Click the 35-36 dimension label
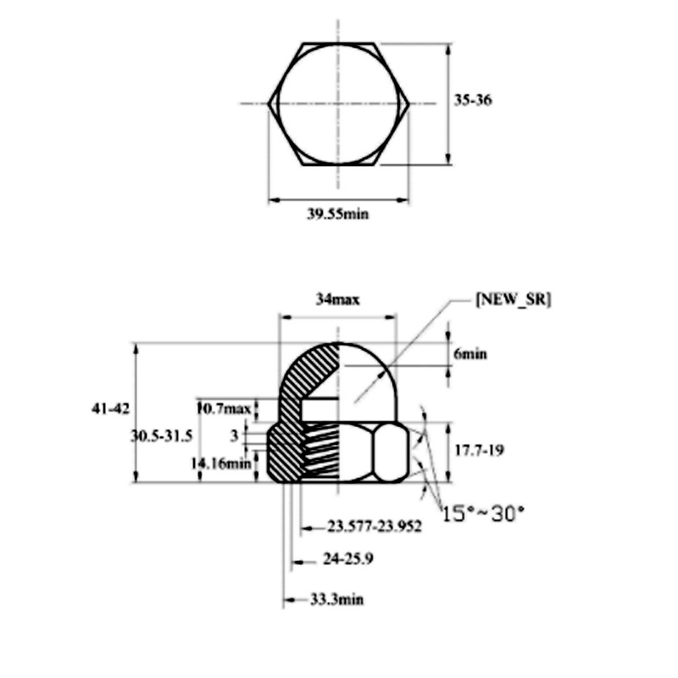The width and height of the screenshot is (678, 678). (x=473, y=100)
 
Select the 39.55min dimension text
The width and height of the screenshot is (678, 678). (x=338, y=214)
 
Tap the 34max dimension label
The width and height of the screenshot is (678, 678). (x=338, y=299)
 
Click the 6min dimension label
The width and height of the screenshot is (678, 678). (x=470, y=354)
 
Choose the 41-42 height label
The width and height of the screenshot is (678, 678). (x=111, y=408)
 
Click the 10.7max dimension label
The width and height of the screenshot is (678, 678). (x=224, y=408)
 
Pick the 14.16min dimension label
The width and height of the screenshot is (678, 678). (x=221, y=463)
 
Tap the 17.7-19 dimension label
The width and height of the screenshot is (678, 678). (x=480, y=450)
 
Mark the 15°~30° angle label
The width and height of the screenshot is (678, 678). (x=484, y=512)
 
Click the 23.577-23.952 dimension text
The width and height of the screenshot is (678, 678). (x=375, y=526)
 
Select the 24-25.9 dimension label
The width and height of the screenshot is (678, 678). (x=349, y=559)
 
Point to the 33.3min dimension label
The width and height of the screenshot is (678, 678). (x=336, y=599)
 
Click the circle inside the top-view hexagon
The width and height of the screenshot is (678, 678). (x=338, y=103)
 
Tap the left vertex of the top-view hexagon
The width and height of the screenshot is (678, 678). (x=270, y=103)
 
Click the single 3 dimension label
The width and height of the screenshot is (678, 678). (x=234, y=435)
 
